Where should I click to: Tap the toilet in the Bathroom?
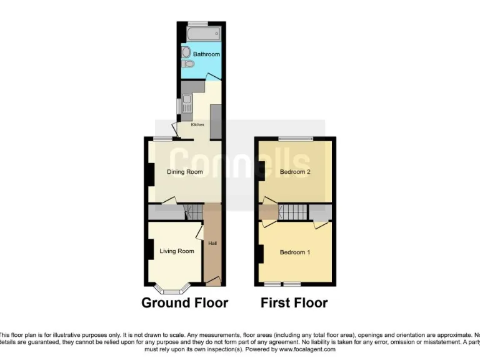[188, 64]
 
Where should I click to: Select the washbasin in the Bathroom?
[186, 52]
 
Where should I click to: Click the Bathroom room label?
[206, 54]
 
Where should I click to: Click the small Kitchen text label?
[197, 125]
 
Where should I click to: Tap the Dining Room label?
[184, 172]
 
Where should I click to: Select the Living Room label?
[177, 251]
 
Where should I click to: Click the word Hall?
[212, 243]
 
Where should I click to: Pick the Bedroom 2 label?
[295, 172]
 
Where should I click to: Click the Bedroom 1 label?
[295, 252]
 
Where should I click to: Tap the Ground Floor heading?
[184, 303]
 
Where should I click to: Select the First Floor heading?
[294, 303]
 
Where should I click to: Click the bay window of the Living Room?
[172, 289]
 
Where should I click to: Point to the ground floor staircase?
[194, 212]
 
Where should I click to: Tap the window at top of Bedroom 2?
[296, 138]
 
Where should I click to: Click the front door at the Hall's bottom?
[212, 282]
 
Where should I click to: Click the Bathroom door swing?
[213, 76]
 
